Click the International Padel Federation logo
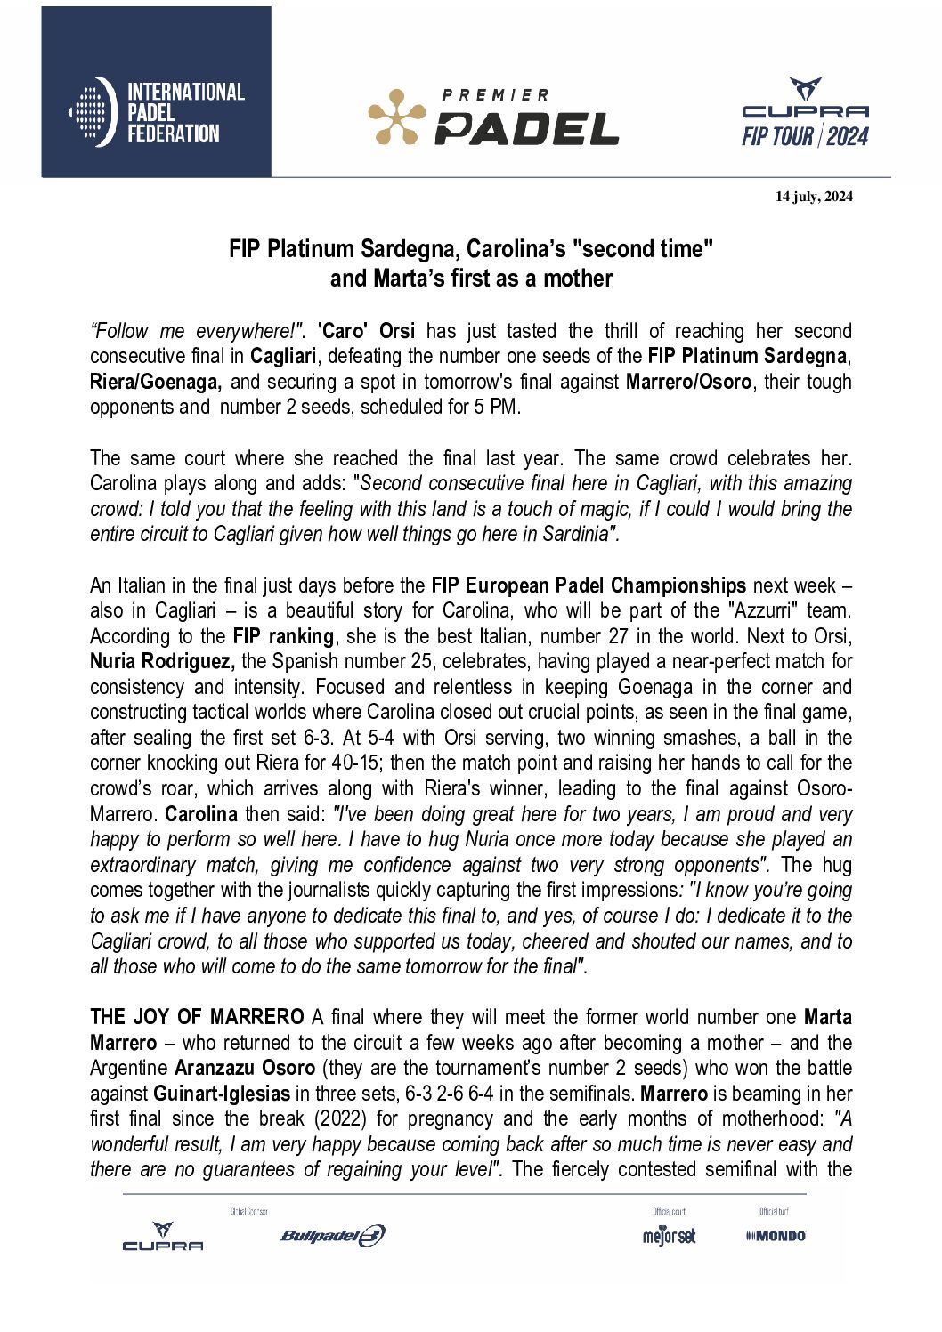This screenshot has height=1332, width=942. click(x=157, y=112)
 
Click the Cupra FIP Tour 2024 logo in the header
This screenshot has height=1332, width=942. click(x=805, y=113)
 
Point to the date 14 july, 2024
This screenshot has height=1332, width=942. click(x=814, y=197)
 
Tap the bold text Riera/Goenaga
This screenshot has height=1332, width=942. click(x=155, y=382)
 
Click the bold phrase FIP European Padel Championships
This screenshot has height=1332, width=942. click(x=589, y=585)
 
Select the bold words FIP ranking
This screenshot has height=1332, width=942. click(x=283, y=636)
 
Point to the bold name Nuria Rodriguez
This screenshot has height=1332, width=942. click(x=162, y=661)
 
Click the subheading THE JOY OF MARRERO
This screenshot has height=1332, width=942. click(x=197, y=1017)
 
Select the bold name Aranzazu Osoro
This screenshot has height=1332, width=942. click(x=245, y=1068)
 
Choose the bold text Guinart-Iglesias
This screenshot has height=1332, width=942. click(x=222, y=1094)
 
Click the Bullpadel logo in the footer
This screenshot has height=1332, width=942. click(x=332, y=1235)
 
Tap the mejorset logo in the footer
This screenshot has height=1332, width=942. click(x=669, y=1236)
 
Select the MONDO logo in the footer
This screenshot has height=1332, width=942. click(x=776, y=1235)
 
